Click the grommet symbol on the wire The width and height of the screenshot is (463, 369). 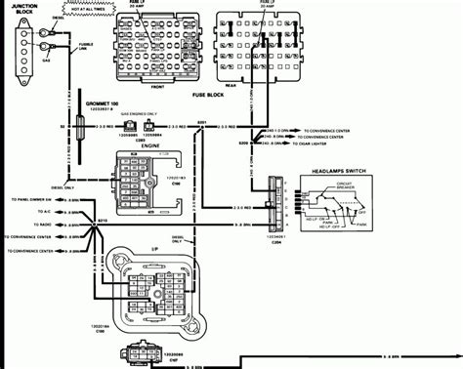[73, 129]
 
